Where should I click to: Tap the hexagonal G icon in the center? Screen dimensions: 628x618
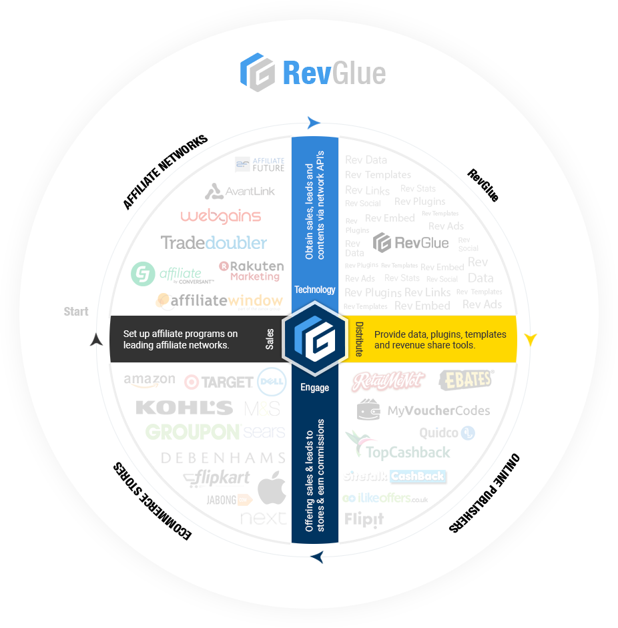coord(314,338)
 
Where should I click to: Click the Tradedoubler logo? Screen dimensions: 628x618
coord(214,242)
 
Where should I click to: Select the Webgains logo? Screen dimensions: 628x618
coord(220,216)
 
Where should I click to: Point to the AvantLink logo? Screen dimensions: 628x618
coord(240,192)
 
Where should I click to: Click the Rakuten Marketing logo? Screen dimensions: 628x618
coord(252,270)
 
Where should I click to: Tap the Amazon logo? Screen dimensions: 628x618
coord(149,381)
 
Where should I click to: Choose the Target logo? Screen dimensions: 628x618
coord(218,382)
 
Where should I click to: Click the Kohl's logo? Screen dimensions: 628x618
coord(184,407)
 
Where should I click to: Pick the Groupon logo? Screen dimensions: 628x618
coord(192,432)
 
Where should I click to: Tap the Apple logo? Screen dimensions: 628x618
coord(272,488)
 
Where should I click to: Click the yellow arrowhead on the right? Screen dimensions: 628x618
coord(531,338)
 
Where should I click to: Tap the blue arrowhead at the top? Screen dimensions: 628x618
coord(314,122)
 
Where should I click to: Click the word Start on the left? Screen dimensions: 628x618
coord(76,312)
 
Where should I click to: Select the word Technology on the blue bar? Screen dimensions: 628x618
coord(315,290)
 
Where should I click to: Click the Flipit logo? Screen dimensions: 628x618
coord(364,519)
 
